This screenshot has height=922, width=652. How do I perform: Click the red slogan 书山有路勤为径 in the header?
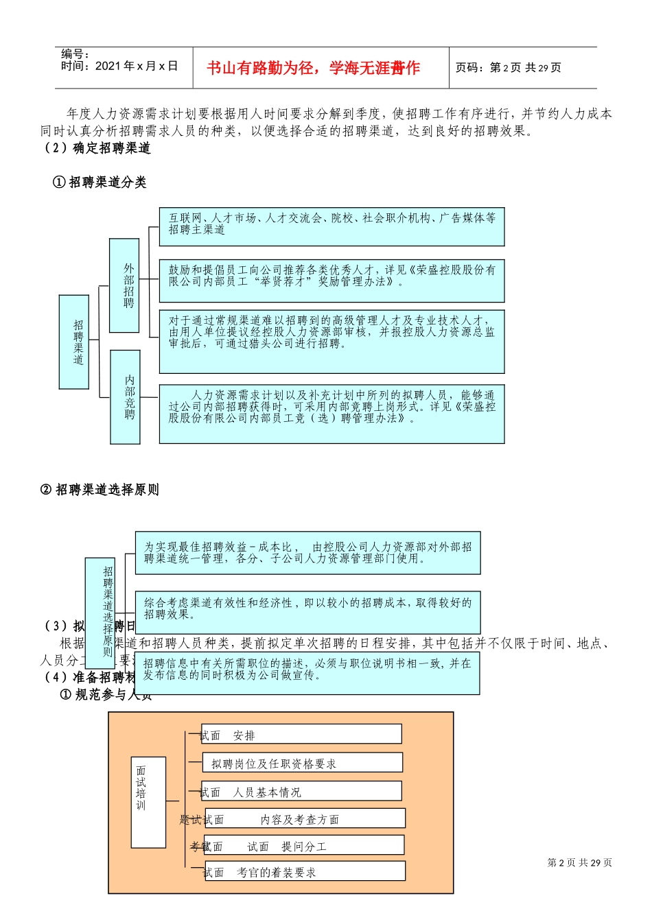point(313,68)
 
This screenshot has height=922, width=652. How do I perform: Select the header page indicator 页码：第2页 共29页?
point(508,67)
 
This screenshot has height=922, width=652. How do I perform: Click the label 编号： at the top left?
point(75,54)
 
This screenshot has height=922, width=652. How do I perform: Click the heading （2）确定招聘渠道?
point(96,148)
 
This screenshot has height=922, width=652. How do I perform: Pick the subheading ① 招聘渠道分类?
point(100,182)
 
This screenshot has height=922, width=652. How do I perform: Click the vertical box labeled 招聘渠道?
point(74,342)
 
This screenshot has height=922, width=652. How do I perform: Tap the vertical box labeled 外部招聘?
point(124,285)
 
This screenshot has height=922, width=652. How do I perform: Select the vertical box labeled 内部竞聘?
point(125,397)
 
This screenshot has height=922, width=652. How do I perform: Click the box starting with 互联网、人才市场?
point(331,226)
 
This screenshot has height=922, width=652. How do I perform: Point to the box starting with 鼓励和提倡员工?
point(331,280)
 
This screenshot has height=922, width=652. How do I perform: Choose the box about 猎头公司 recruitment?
point(331,341)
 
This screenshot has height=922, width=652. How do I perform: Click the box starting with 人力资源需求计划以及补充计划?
point(331,413)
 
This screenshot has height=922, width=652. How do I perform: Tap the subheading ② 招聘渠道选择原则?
point(100,490)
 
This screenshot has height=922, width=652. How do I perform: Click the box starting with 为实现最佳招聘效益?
point(307,553)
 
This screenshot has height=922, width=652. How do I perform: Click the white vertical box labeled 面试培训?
point(148,802)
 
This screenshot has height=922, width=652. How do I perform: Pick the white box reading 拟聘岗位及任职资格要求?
point(302,763)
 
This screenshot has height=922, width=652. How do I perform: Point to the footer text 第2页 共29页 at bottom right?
point(579,863)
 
